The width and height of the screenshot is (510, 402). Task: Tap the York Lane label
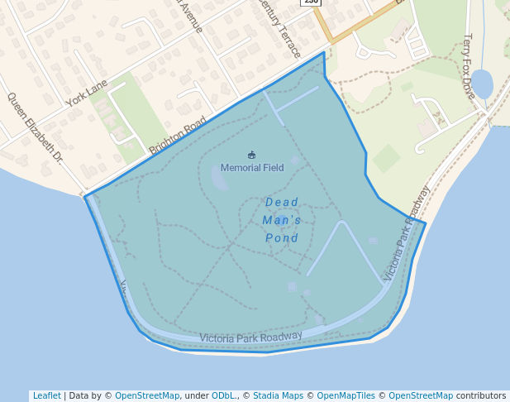pos(88,93)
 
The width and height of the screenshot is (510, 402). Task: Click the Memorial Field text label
pos(252,168)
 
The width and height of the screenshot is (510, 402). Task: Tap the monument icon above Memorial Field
pos(252,155)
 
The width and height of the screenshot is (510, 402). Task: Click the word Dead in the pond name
pos(282,202)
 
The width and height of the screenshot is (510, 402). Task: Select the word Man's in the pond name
pos(282,220)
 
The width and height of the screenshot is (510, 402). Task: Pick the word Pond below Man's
pos(282,238)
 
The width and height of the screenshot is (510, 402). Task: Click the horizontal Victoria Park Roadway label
pos(250,337)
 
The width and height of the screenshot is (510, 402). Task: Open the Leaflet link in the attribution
pos(46,396)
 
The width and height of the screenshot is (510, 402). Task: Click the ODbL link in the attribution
pos(224,396)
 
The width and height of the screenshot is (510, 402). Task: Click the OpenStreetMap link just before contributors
pos(421,396)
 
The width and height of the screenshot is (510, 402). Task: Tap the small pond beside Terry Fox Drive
pos(482,84)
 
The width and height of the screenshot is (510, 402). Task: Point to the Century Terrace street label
pos(279,18)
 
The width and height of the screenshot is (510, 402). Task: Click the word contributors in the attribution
pos(481,396)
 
